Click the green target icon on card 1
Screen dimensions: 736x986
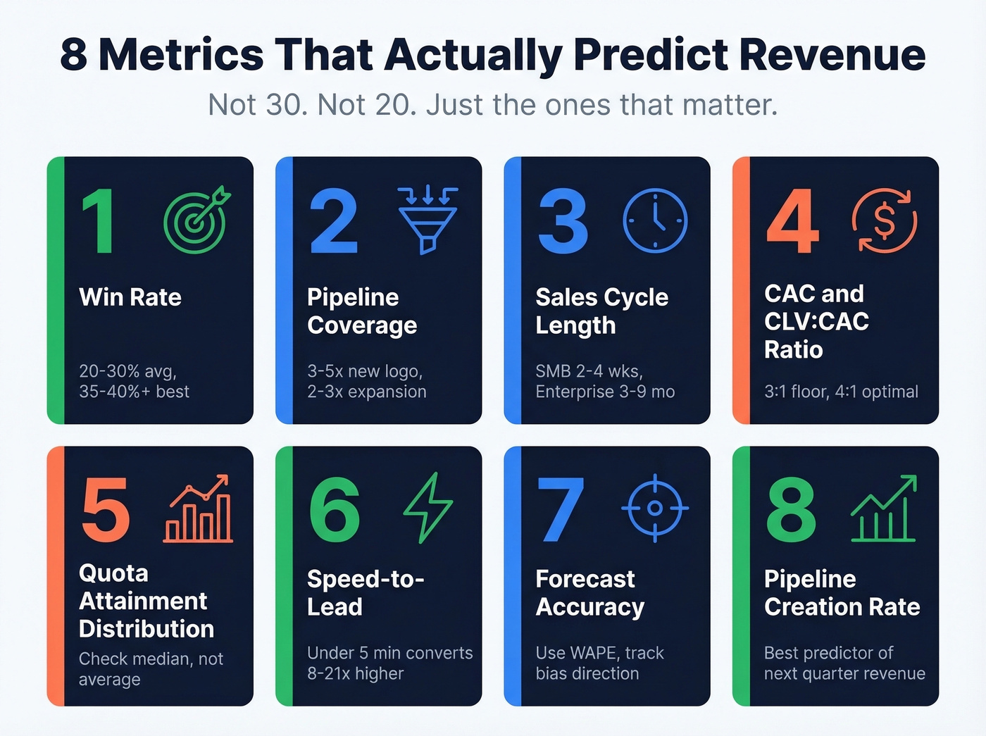coord(196,220)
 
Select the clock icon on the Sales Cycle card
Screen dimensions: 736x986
coord(655,220)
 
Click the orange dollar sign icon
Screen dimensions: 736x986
coord(884,220)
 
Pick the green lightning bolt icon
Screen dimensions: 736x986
coord(428,508)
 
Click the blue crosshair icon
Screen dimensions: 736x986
coord(655,508)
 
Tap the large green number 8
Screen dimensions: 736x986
coord(791,509)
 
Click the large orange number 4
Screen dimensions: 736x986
coord(793,221)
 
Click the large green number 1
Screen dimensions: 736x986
coord(99,221)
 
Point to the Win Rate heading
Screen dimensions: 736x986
coord(130,297)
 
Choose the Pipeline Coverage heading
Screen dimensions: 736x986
coord(362,311)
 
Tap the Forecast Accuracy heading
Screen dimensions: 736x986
coord(590,593)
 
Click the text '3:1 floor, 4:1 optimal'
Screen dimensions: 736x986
coord(841,392)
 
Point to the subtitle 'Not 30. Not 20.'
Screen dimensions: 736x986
coord(313,106)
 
